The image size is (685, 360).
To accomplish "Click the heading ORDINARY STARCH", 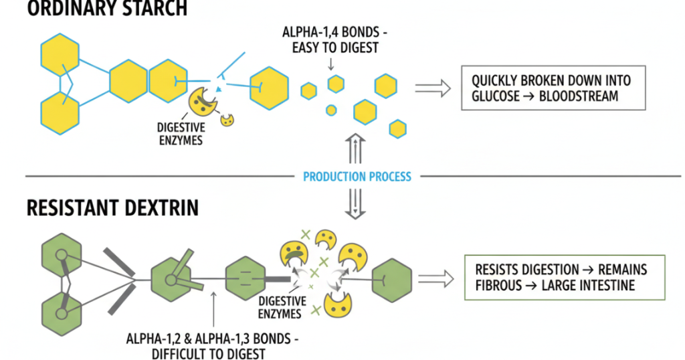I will (x=94, y=9).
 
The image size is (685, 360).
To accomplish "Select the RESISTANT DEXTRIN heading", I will (x=112, y=208).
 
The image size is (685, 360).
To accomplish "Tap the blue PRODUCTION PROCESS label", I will (x=357, y=177).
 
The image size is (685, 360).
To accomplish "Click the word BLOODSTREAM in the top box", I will (x=579, y=96).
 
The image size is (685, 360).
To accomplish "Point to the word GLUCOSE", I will (x=496, y=96).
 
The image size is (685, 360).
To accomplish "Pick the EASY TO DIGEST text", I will (x=330, y=48).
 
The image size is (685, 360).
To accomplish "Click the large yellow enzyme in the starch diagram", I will (x=202, y=100).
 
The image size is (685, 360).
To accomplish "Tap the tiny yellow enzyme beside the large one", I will (x=228, y=120).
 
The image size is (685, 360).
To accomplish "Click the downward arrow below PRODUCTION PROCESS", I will (x=355, y=205).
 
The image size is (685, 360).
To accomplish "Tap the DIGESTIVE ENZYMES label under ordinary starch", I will (x=180, y=133).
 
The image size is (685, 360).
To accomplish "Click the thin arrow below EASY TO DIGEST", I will (x=330, y=63).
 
